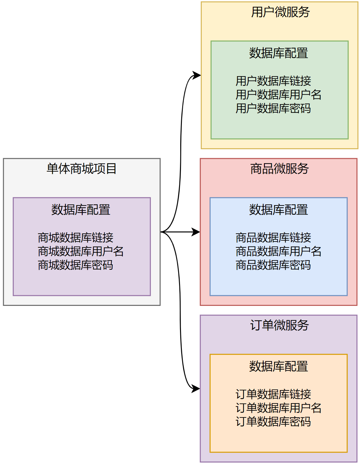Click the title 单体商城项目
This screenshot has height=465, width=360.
click(x=81, y=169)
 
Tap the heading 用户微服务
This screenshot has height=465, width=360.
click(x=280, y=12)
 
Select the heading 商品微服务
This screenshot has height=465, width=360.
click(x=279, y=169)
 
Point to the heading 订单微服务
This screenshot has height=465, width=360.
click(x=279, y=325)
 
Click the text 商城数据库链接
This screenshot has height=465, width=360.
click(x=75, y=238)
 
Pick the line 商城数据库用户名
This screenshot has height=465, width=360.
click(x=81, y=251)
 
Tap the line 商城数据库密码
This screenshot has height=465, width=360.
click(x=75, y=265)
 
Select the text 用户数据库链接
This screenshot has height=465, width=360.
click(x=273, y=81)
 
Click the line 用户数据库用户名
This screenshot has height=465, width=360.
click(x=278, y=95)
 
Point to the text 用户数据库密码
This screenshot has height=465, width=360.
click(x=273, y=108)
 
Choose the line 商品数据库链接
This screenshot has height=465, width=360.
click(x=273, y=238)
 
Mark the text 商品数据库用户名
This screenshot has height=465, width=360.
click(x=278, y=251)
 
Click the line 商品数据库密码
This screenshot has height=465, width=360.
click(x=273, y=265)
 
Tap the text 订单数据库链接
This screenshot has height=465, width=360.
click(x=273, y=394)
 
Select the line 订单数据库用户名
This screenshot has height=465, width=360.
click(x=278, y=408)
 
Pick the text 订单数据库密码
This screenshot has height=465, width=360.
click(x=273, y=422)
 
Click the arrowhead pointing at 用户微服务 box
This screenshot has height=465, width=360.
click(x=197, y=75)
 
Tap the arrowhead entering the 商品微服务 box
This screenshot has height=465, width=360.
click(x=196, y=232)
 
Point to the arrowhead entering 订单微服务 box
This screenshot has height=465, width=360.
click(x=196, y=389)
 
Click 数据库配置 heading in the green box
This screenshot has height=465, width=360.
click(x=278, y=53)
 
